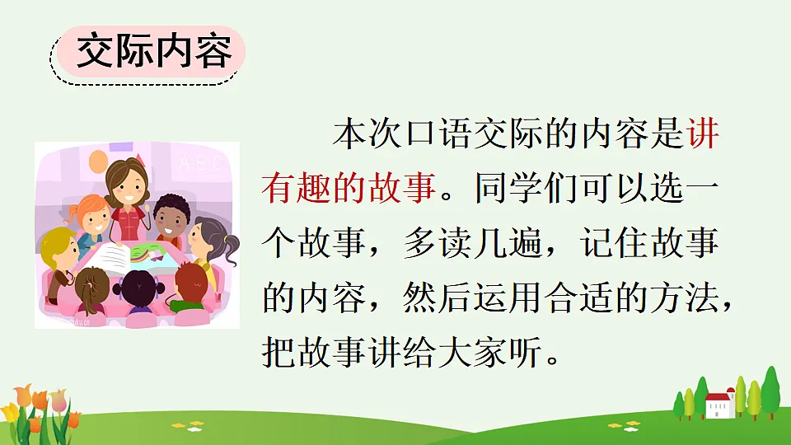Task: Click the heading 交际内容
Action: pos(153,54)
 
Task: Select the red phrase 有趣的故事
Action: pos(348,190)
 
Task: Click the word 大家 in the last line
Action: pos(472,354)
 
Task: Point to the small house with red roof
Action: pos(718,403)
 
